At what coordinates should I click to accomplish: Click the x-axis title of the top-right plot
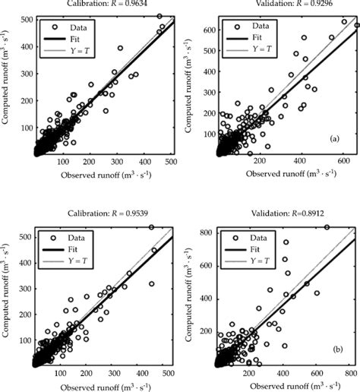click(286, 175)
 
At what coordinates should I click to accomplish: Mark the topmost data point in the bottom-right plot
click(327, 227)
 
